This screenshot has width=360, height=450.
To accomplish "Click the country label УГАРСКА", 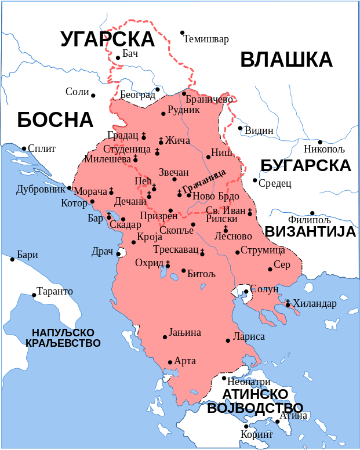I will (x=107, y=39).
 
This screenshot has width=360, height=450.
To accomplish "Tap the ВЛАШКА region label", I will (x=286, y=60).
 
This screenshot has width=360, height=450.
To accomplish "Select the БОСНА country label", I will (x=55, y=119).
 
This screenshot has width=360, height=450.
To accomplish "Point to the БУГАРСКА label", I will (x=306, y=165).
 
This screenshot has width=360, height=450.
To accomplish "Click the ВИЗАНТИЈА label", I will (x=310, y=232).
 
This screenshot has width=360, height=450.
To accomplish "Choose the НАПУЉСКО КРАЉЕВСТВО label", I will (x=63, y=338).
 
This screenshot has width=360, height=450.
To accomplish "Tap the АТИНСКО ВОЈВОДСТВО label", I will (x=254, y=401).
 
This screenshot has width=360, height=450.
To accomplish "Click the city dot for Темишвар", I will (x=182, y=32).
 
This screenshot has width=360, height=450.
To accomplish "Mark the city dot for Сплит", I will (x=24, y=148).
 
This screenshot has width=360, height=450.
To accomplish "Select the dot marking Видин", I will (x=240, y=128).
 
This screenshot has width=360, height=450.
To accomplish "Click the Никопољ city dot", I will (x=320, y=141).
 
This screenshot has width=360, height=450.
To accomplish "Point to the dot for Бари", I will (x=12, y=259).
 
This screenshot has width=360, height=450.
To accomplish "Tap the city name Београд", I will (x=137, y=95).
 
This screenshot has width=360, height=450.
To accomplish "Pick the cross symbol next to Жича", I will (x=161, y=140).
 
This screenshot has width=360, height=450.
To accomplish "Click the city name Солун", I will (x=264, y=289).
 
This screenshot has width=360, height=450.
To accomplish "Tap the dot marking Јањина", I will (x=165, y=336).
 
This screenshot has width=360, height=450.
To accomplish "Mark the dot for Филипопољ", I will (x=312, y=213).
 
